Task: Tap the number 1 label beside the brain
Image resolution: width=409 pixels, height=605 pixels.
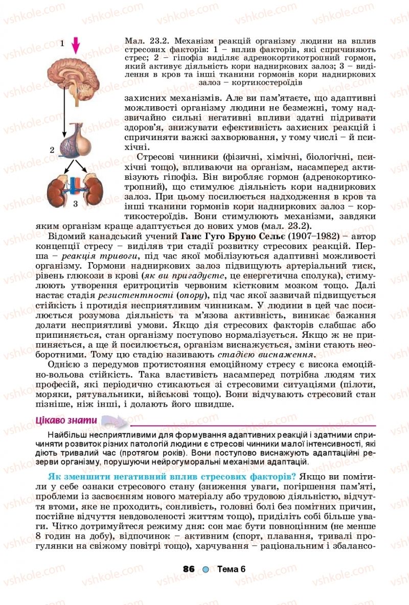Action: pos(62,43)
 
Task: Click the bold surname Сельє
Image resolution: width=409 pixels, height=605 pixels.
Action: pos(267,237)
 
